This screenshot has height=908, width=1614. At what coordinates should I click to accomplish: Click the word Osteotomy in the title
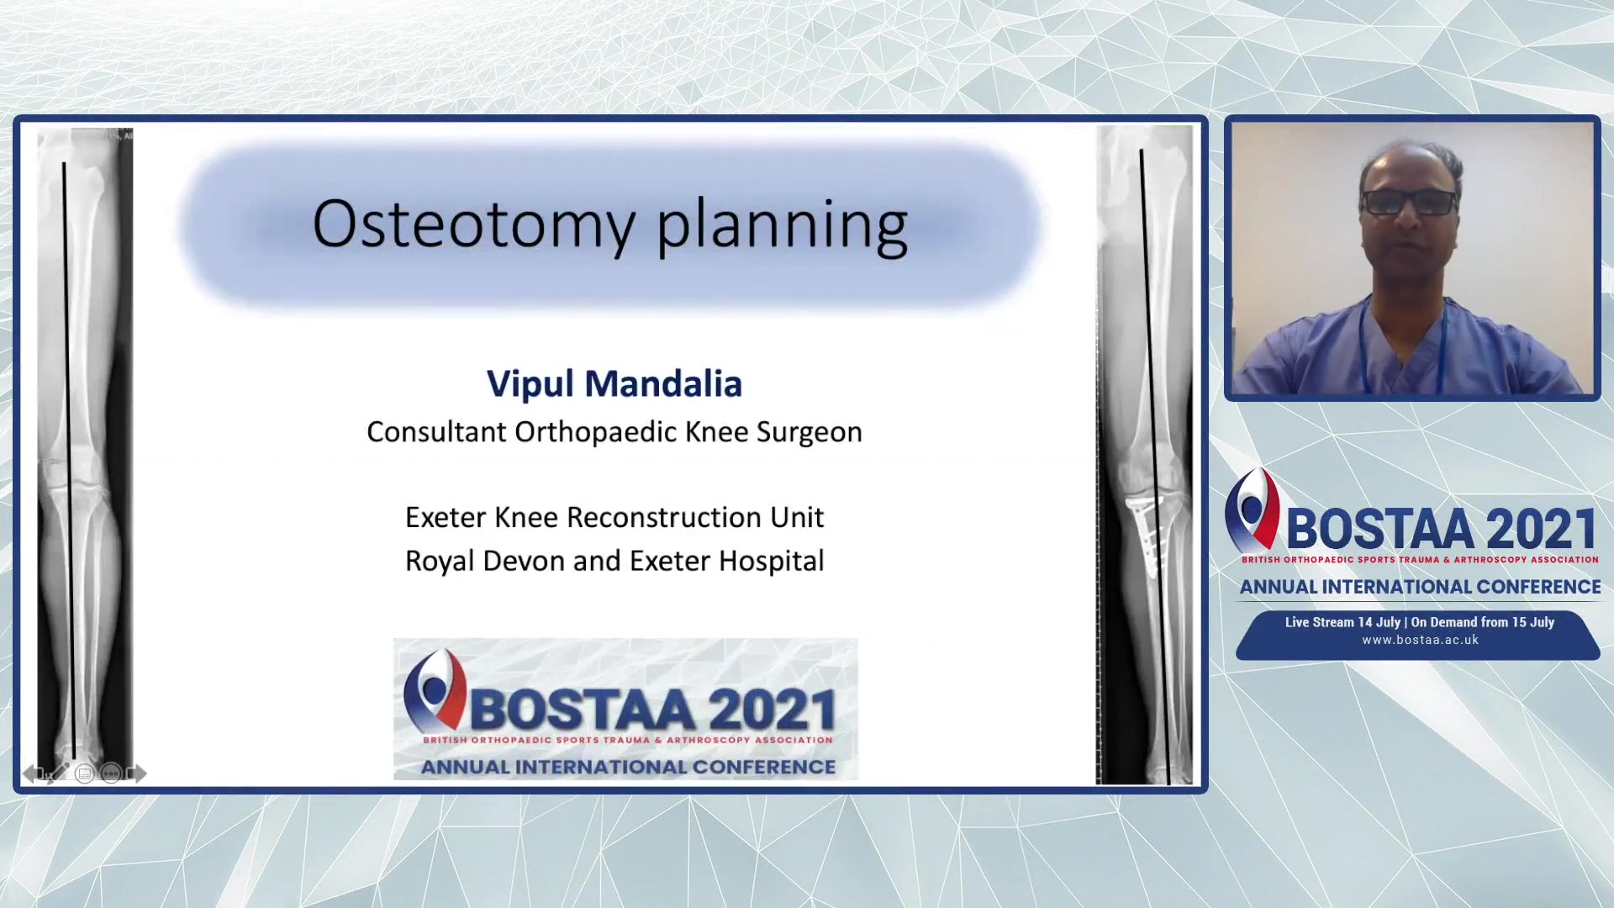click(x=473, y=224)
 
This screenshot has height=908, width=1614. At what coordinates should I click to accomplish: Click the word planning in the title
click(x=782, y=226)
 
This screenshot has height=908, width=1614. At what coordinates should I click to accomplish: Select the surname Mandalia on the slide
click(x=663, y=383)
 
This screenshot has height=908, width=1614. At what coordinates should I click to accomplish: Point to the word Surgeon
click(x=809, y=433)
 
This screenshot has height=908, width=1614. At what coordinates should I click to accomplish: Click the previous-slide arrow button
click(x=32, y=773)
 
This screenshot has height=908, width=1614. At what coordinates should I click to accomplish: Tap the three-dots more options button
click(x=110, y=773)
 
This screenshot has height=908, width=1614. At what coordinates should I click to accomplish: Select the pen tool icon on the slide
click(x=58, y=773)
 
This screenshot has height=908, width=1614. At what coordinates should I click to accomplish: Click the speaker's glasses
click(x=1410, y=202)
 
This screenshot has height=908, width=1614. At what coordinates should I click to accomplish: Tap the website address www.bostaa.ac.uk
click(x=1420, y=640)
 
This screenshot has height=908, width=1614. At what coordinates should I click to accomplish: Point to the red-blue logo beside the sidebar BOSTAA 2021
click(x=1252, y=509)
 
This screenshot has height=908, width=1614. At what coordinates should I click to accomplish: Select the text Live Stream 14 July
click(x=1342, y=622)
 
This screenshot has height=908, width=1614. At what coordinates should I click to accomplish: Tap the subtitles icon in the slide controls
click(x=84, y=773)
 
